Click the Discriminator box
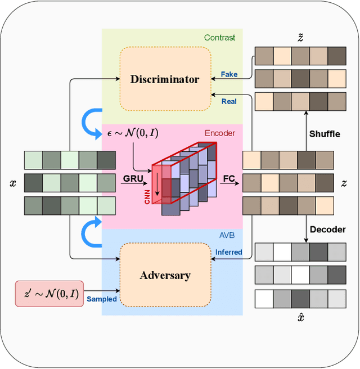coord(165,79)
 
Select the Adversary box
coord(165,275)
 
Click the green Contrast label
coord(220,38)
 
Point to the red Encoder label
coord(219,133)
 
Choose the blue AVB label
coord(227,236)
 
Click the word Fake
coord(229,74)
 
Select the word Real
coord(229,101)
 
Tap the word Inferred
coord(228,252)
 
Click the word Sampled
coord(102,299)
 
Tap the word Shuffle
coord(324,134)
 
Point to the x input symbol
coord(12,183)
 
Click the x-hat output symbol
coord(300,318)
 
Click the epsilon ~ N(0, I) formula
coord(132,134)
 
